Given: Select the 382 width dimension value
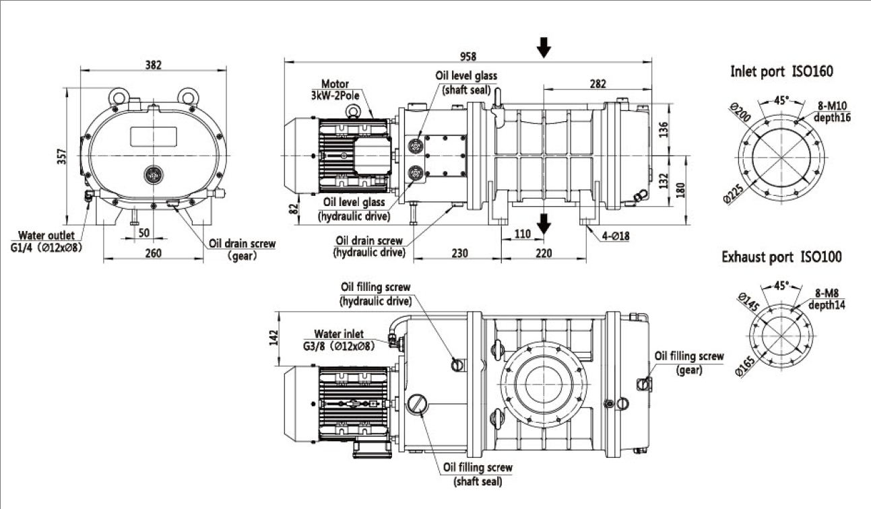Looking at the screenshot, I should tap(154, 65).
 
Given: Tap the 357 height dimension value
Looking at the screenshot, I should tap(63, 156).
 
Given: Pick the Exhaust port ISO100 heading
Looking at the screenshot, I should tap(781, 257).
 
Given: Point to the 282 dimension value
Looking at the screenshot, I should tap(597, 83).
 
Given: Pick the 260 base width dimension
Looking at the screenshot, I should tap(154, 253).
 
